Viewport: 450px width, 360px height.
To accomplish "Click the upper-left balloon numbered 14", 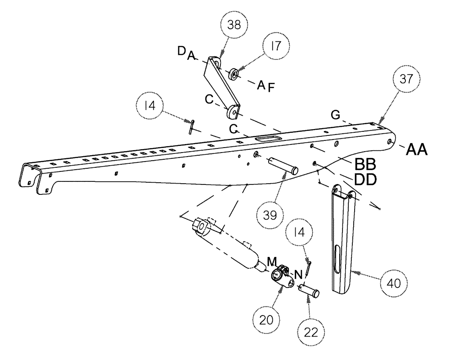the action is click(151, 107).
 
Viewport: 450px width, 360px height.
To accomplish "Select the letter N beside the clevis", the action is click(297, 274).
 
